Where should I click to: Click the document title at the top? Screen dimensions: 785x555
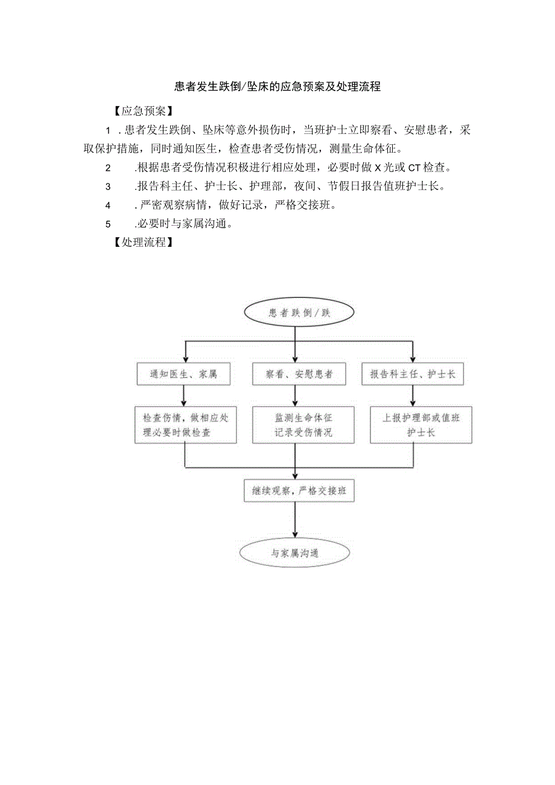pos(277,87)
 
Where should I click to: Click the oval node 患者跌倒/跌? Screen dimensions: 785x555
pos(295,313)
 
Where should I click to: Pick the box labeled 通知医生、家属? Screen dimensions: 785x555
pos(184,374)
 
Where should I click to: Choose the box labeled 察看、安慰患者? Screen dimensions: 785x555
pos(295,374)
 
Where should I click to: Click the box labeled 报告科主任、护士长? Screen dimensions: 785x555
pos(413,374)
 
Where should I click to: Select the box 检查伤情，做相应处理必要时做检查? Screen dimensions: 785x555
pos(185,425)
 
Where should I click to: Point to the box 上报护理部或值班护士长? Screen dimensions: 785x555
pos(420,425)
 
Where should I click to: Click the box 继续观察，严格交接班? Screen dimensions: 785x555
pos(295,491)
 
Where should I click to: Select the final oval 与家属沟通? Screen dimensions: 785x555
pos(295,553)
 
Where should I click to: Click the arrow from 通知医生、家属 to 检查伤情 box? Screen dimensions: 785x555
pos(185,396)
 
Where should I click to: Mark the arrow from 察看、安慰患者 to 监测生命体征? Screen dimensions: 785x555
pos(295,396)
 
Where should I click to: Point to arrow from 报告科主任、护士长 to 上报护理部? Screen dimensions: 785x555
pos(413,396)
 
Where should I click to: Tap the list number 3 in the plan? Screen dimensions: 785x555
pos(108,186)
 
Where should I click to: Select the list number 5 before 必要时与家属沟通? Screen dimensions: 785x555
pos(108,224)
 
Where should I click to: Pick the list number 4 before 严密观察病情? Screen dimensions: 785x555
pos(108,205)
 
